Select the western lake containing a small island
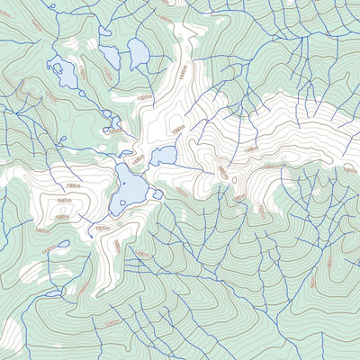(65, 72)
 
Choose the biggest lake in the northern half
(139, 55)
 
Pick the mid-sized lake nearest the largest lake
(164, 156)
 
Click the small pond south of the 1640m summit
(61, 244)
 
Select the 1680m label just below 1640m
(63, 217)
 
